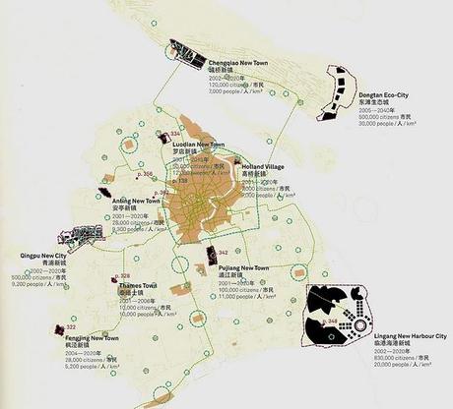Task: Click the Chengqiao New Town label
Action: point(239,62)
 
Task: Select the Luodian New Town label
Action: point(197,144)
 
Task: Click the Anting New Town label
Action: point(137,200)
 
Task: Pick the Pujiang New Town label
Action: point(240,267)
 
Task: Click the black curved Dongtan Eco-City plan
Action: point(335,91)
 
